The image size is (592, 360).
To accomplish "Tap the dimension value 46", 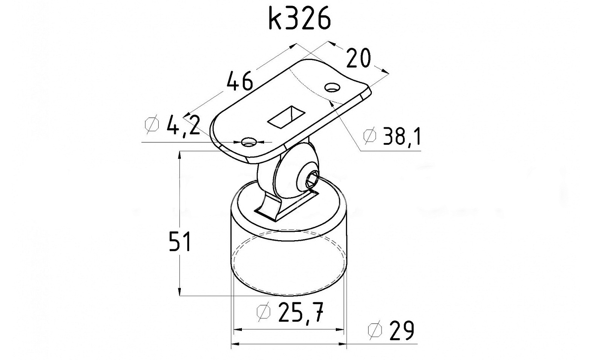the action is tap(240, 81).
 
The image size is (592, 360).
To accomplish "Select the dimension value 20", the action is tap(358, 58).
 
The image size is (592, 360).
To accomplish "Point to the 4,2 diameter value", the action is tap(183, 125).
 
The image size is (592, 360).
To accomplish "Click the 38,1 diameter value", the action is tap(402, 136).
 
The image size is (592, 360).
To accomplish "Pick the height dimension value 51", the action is tap(180, 241).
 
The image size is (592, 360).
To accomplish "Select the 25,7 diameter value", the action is tap(301, 312).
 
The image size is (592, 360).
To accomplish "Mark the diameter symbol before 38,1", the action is tap(370, 136).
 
